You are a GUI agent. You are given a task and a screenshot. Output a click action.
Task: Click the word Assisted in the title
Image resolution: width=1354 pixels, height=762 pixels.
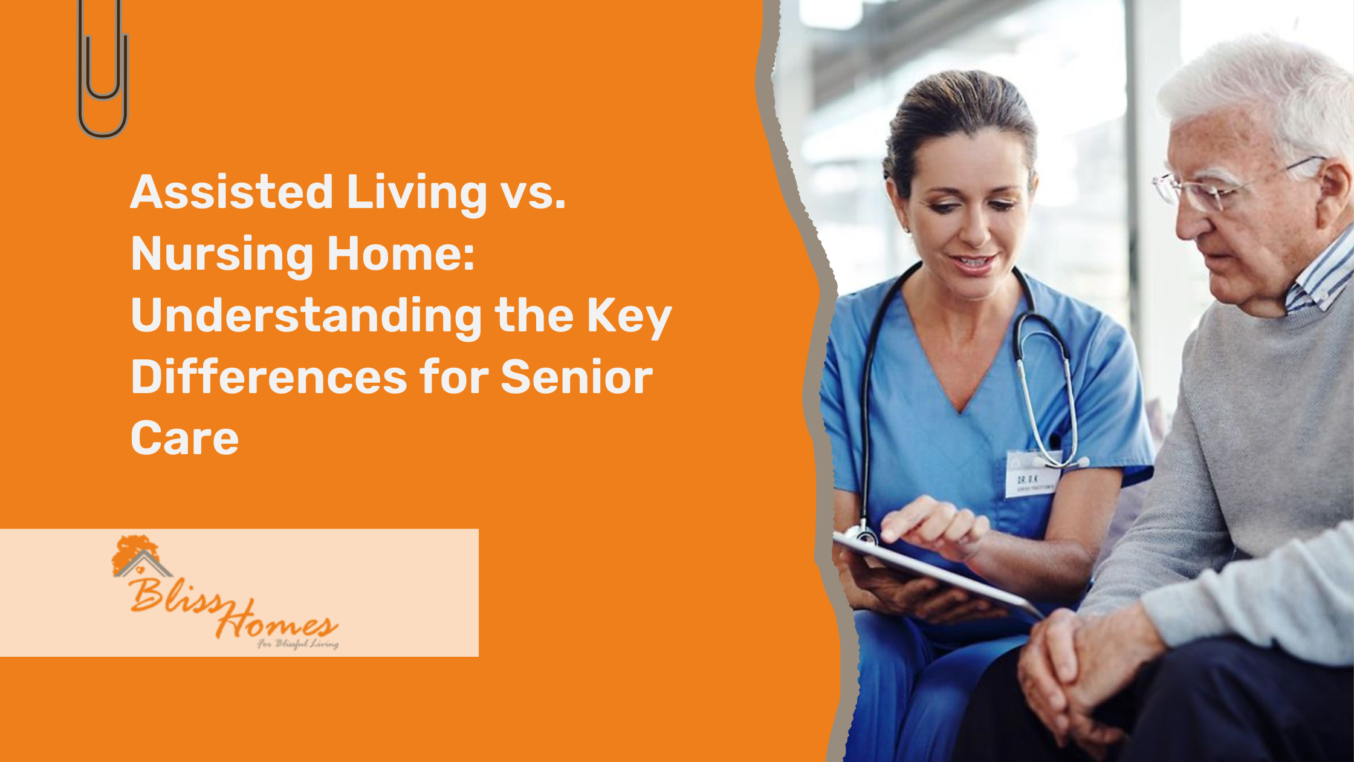pyautogui.click(x=232, y=193)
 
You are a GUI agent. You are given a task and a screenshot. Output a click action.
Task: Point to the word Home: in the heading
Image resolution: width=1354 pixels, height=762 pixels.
pyautogui.click(x=401, y=254)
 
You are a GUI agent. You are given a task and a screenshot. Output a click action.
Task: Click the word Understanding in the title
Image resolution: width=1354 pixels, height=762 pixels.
pyautogui.click(x=306, y=316)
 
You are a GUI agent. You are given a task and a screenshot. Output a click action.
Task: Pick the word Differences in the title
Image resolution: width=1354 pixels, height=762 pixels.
pyautogui.click(x=269, y=377)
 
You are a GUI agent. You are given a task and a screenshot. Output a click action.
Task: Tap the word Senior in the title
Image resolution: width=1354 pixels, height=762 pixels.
pyautogui.click(x=577, y=377)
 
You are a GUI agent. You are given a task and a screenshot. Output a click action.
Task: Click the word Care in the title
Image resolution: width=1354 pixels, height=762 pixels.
pyautogui.click(x=184, y=438)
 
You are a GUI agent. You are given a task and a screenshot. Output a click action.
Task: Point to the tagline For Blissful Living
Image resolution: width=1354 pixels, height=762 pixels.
pyautogui.click(x=297, y=644)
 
